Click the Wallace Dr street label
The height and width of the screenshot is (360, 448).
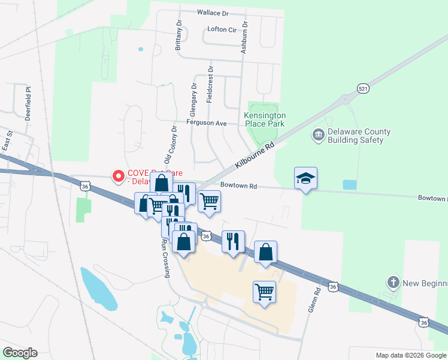[x=213, y=12]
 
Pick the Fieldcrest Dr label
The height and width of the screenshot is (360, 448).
[x=210, y=85]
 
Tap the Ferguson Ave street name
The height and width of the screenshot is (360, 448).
[x=207, y=123]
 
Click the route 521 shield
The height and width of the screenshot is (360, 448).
[x=363, y=88]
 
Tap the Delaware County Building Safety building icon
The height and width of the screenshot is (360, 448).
[x=318, y=136]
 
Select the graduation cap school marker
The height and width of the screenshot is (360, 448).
[x=305, y=178]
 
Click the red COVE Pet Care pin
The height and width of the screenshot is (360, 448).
[x=119, y=176]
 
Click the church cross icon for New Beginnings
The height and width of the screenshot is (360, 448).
[x=393, y=282]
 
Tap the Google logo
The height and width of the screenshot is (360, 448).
[x=20, y=353]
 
